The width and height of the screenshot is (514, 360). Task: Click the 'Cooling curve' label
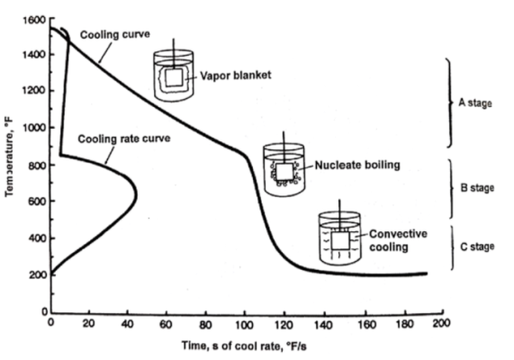click(115, 34)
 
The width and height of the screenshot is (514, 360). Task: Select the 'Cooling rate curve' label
click(124, 139)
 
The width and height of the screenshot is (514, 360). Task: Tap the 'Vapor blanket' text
click(236, 76)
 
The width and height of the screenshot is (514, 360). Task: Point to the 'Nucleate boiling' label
click(357, 165)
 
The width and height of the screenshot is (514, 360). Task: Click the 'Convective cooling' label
click(398, 240)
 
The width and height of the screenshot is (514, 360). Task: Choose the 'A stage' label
click(475, 103)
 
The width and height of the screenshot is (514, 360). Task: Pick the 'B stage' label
click(477, 188)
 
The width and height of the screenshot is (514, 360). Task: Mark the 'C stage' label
click(477, 247)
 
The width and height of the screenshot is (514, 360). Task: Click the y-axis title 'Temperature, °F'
click(10, 156)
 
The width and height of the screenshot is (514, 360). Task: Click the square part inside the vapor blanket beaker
click(174, 77)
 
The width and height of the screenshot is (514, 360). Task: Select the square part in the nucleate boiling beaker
click(284, 172)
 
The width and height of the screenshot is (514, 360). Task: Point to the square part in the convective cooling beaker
click(340, 240)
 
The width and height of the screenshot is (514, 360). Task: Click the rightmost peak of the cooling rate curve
click(136, 195)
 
